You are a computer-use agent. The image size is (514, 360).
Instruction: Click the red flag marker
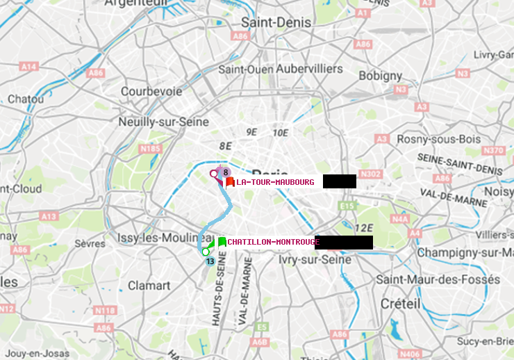[x=230, y=182]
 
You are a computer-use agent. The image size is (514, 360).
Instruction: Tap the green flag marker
[x=222, y=242]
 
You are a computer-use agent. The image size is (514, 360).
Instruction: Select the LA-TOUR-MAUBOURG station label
[x=275, y=182]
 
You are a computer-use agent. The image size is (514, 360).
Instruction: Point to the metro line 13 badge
[x=210, y=261]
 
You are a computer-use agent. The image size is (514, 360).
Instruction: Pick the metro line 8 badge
[x=226, y=172]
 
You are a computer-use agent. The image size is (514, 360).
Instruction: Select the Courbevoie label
[x=151, y=91]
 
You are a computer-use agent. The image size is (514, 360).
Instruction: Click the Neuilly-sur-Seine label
[x=165, y=121]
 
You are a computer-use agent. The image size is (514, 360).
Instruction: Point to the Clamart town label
[x=149, y=286]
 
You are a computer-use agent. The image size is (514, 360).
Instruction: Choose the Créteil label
[x=400, y=304]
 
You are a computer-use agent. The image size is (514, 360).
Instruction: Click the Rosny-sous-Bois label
[x=434, y=139]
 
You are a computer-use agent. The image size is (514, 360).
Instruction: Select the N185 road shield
[x=150, y=148]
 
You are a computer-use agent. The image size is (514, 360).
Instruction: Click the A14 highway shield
[x=28, y=66]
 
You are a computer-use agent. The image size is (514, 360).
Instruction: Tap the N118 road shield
[x=104, y=310]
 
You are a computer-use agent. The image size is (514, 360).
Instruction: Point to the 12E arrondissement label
[x=363, y=228]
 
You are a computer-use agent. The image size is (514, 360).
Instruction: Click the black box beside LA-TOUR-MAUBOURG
[x=339, y=181]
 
